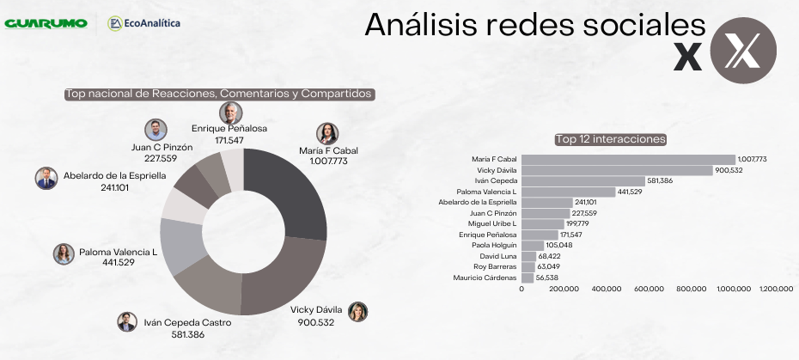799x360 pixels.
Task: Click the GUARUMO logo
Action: pyautogui.click(x=46, y=23)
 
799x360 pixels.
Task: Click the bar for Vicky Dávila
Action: pyautogui.click(x=617, y=170)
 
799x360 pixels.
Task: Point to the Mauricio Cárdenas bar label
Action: pyautogui.click(x=485, y=278)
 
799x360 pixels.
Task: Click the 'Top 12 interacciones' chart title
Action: pyautogui.click(x=611, y=139)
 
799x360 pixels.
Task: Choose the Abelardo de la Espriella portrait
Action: pyautogui.click(x=46, y=177)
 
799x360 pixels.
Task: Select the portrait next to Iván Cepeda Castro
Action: pyautogui.click(x=127, y=321)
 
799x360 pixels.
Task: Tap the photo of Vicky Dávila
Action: pyautogui.click(x=357, y=311)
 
